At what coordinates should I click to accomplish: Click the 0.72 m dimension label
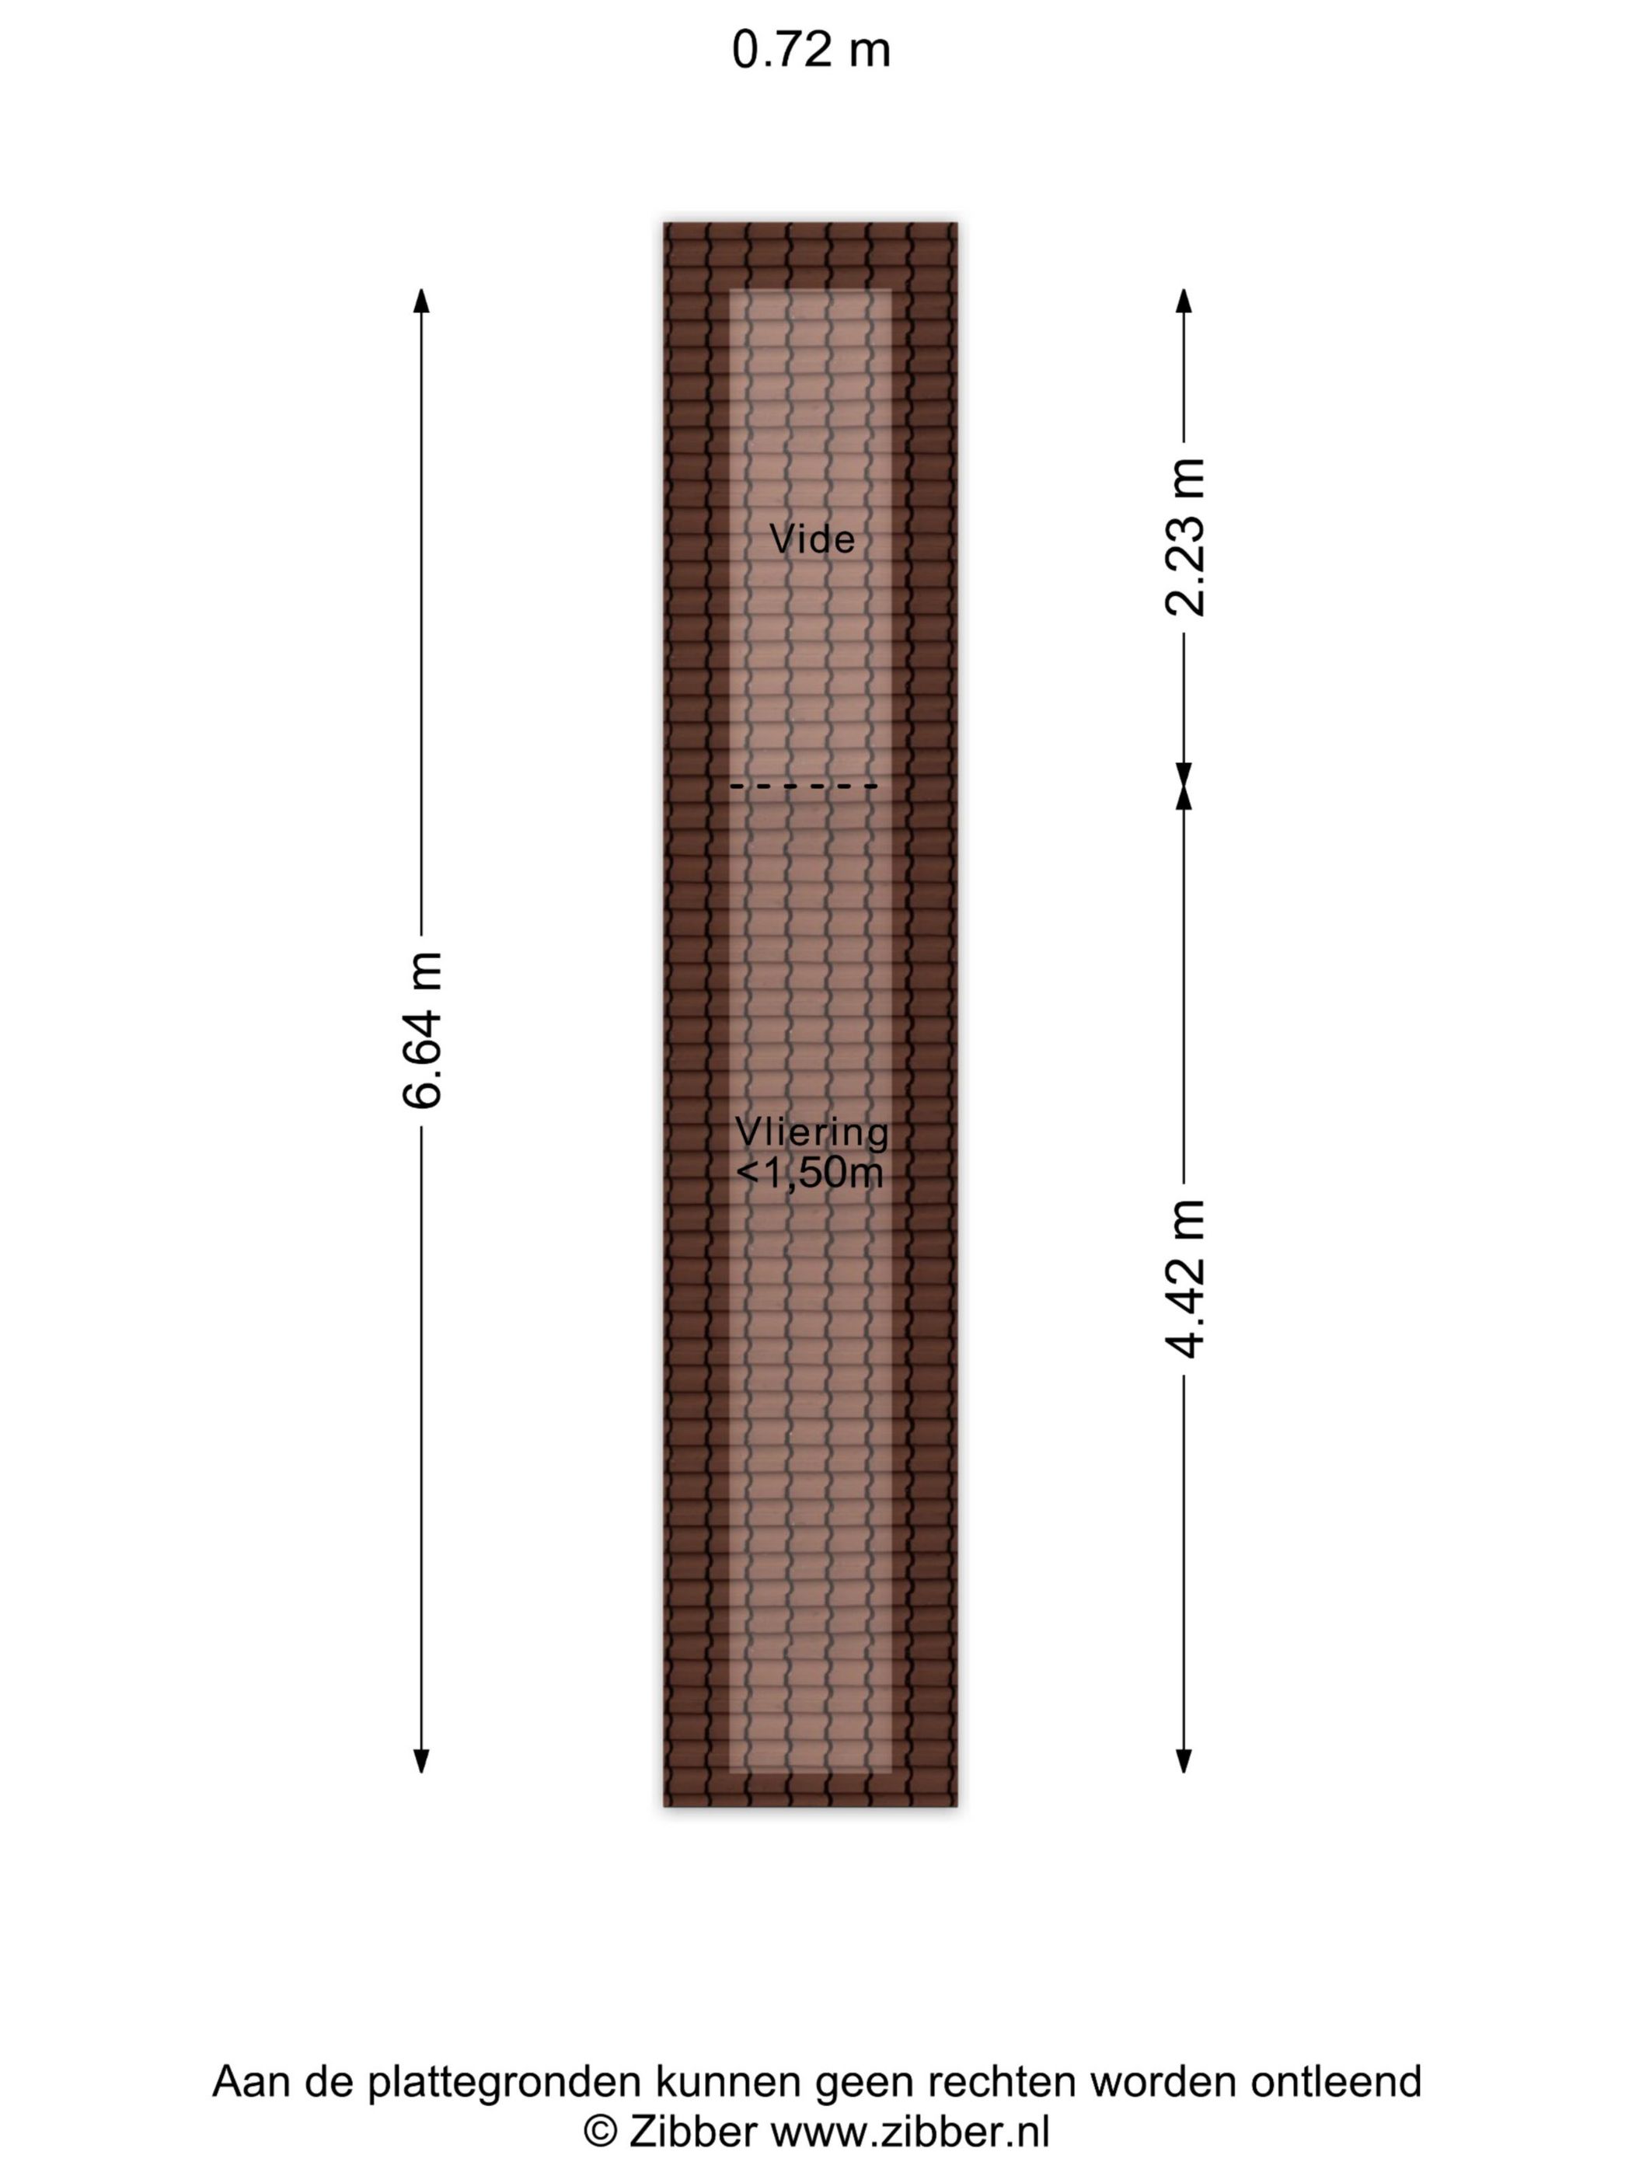tap(811, 49)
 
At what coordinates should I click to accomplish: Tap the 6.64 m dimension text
tap(422, 1030)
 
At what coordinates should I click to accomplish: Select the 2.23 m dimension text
tap(1184, 537)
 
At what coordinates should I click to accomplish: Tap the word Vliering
tap(811, 1132)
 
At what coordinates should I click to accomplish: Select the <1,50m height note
tap(810, 1173)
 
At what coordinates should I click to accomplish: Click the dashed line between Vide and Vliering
tap(803, 786)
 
